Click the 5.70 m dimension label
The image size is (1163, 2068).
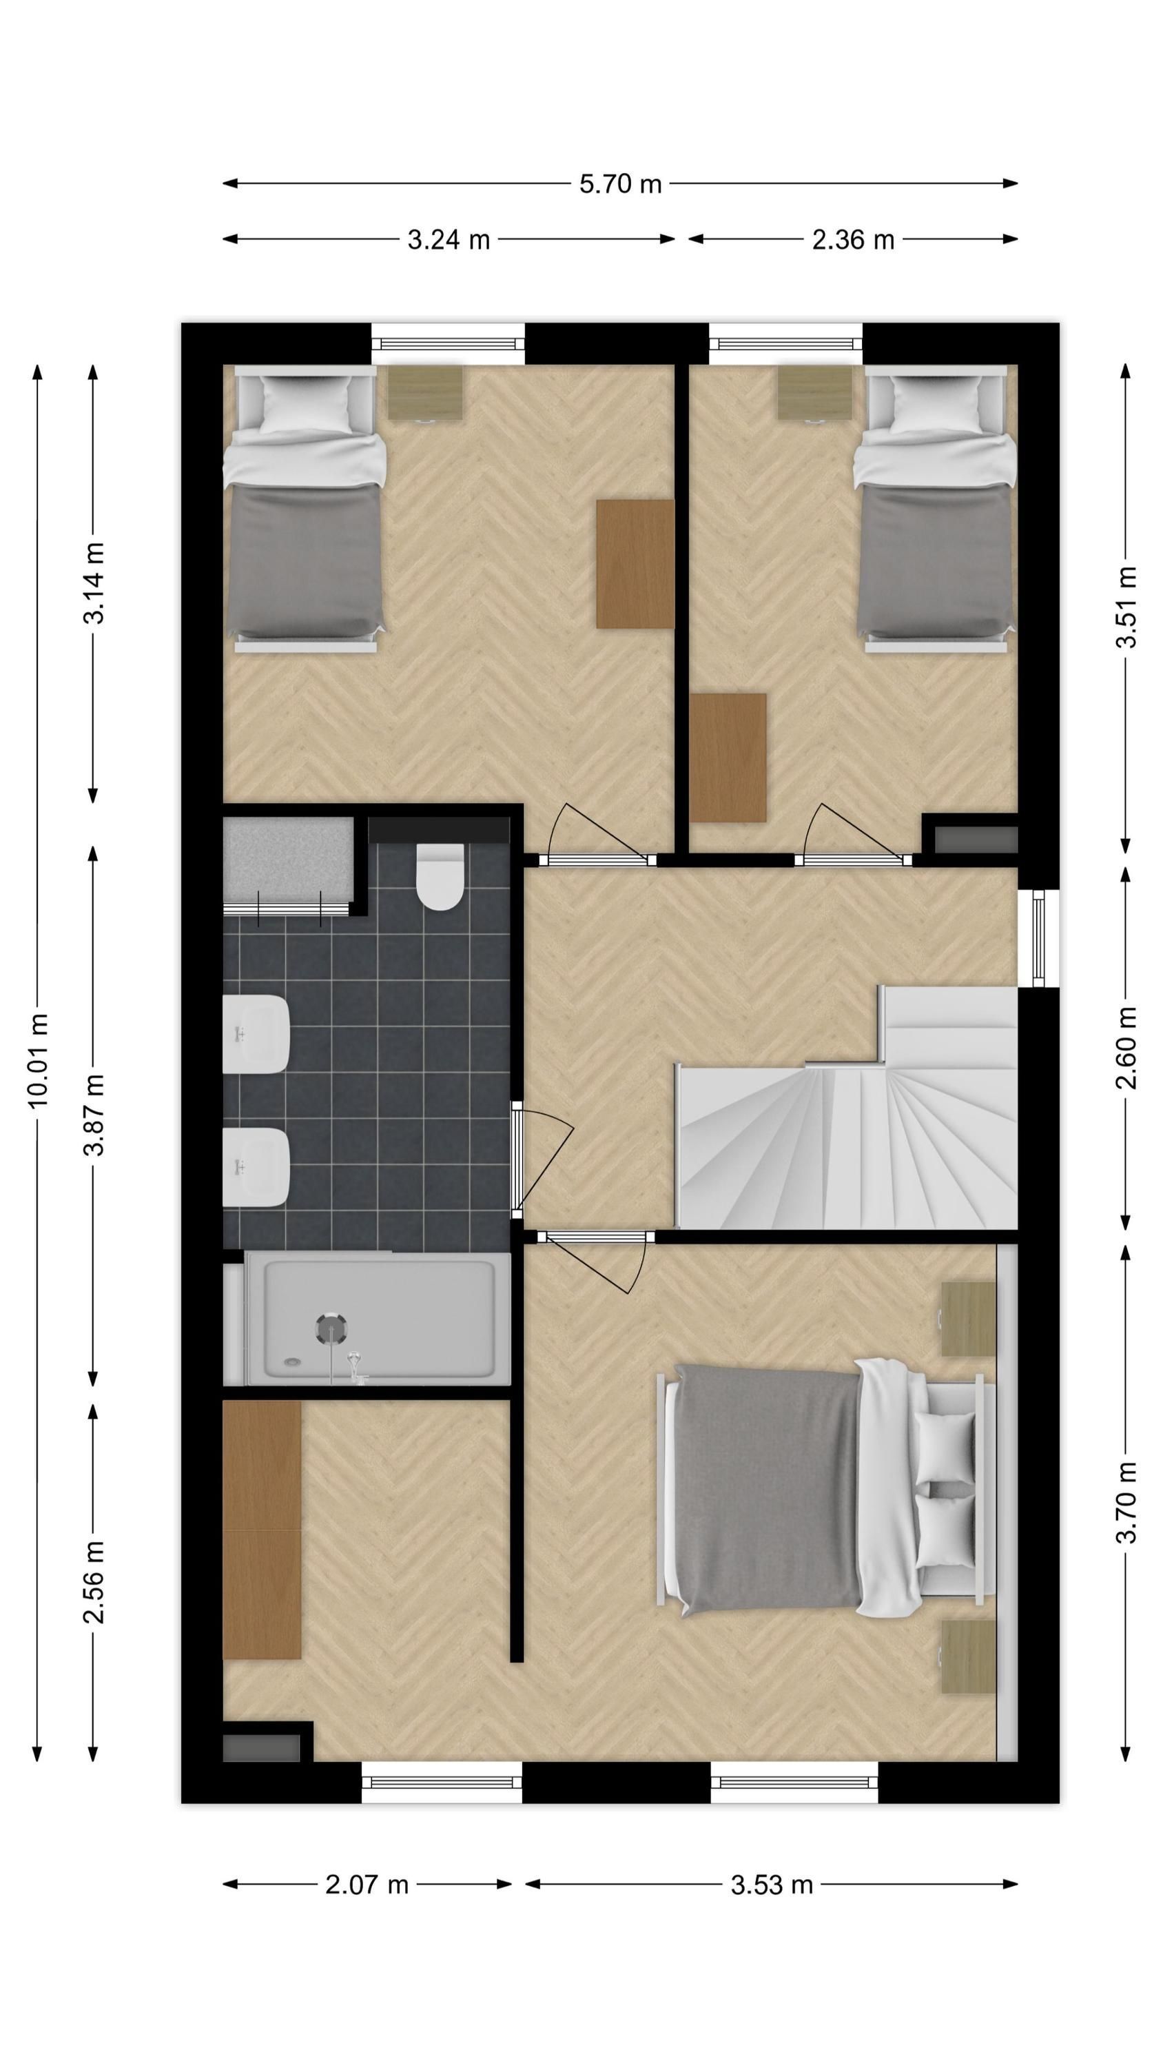tap(620, 184)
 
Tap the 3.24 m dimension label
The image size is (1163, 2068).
tap(449, 239)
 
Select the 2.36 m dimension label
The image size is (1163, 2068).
tap(853, 239)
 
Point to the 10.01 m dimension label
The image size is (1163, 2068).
tap(38, 1060)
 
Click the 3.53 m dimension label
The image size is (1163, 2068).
tap(772, 1885)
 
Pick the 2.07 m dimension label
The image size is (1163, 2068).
tap(367, 1885)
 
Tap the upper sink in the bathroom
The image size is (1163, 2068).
tap(255, 1035)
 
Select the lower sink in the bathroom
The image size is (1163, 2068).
tap(255, 1167)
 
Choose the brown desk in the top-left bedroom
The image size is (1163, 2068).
tap(634, 564)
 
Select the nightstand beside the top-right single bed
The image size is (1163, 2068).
tap(814, 392)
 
